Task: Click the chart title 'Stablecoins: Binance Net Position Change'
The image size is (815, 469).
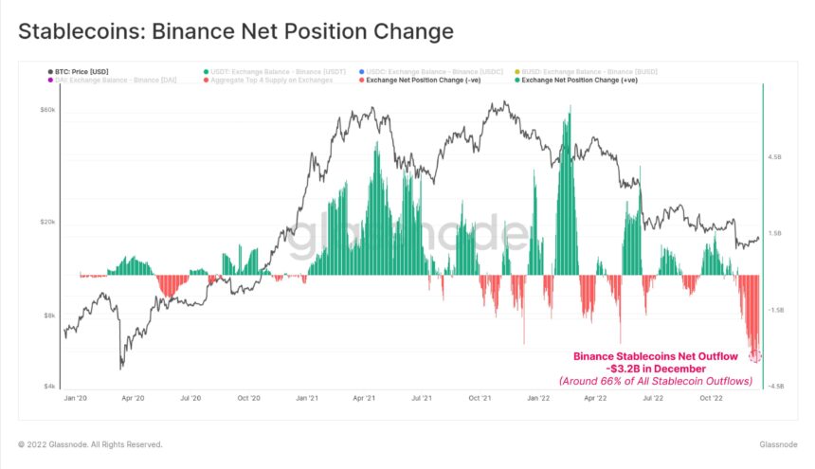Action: click(x=236, y=31)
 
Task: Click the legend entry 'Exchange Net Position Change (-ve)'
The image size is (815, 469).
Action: click(x=413, y=81)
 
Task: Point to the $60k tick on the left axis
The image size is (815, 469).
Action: click(x=46, y=111)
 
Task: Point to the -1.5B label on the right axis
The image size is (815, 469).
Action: click(x=775, y=310)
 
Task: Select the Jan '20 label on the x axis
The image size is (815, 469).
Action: click(x=76, y=399)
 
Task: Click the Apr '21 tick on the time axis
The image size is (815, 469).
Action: click(x=365, y=399)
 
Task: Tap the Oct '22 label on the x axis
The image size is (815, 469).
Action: click(x=711, y=399)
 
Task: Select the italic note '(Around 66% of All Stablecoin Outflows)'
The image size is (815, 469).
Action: click(x=655, y=381)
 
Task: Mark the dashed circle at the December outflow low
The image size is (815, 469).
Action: click(x=755, y=356)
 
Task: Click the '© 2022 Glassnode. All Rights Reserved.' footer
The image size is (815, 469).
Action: click(x=90, y=444)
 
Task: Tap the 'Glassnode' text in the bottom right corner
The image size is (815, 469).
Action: click(x=778, y=444)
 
